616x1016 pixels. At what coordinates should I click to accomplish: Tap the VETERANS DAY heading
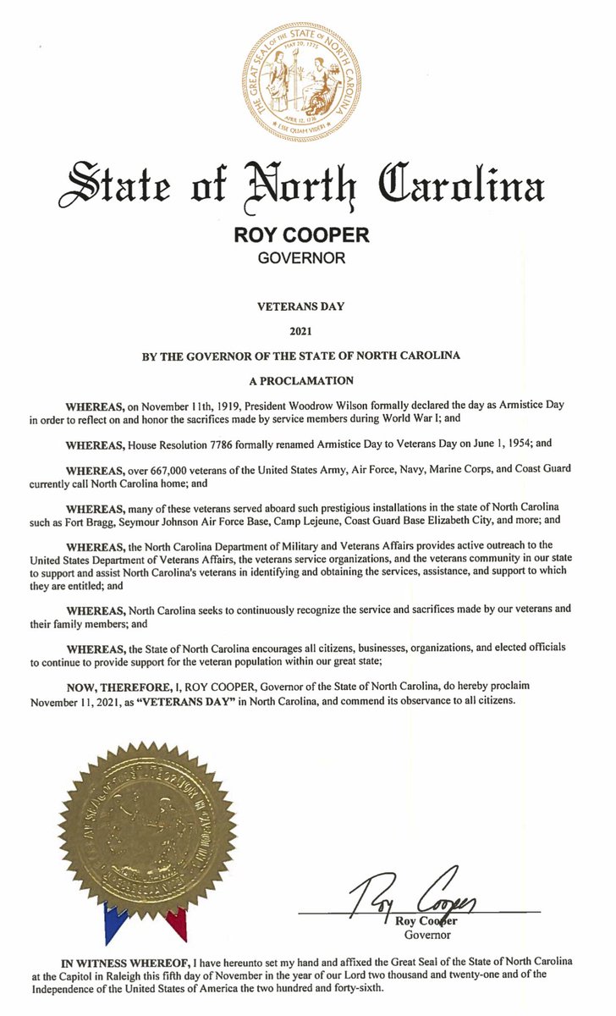point(300,309)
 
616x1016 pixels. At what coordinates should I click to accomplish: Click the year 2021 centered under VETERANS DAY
point(300,333)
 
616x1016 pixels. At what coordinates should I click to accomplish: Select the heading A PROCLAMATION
point(300,380)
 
